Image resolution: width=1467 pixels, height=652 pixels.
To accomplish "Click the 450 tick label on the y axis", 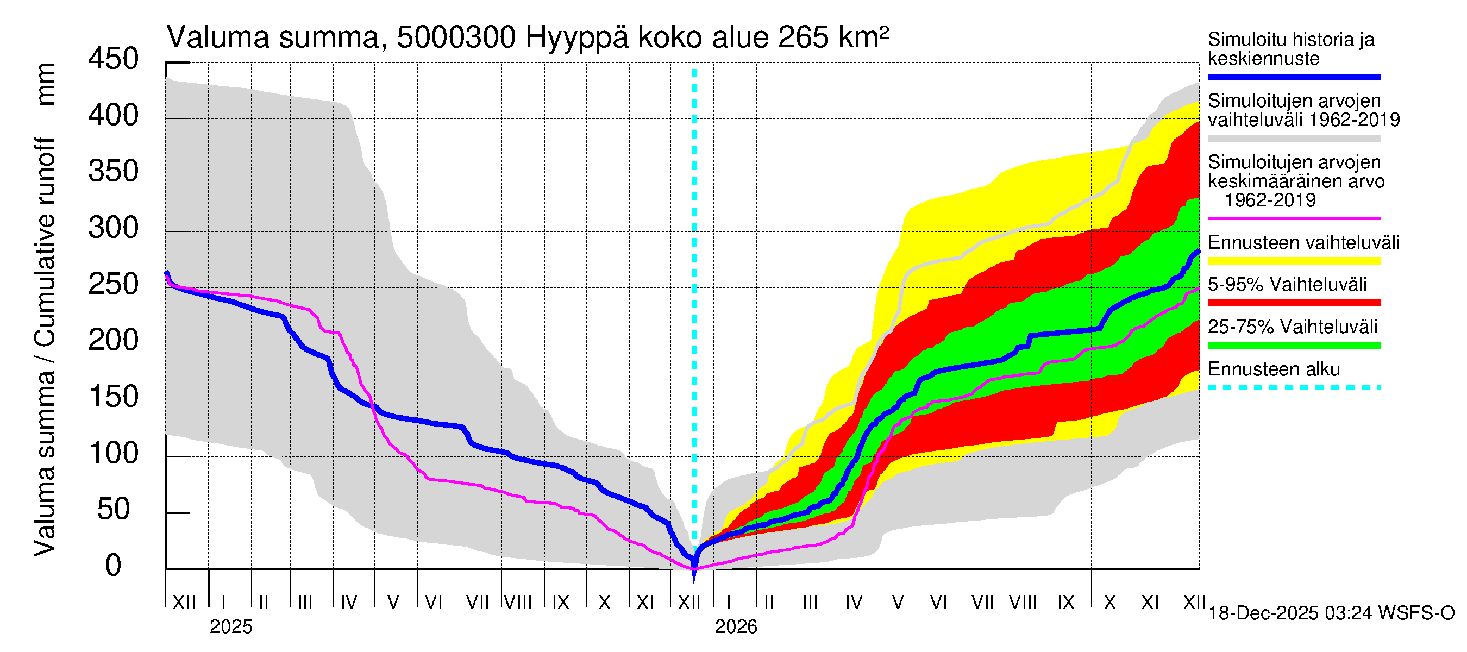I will [x=113, y=59].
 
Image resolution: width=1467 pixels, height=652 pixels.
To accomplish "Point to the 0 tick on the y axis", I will [x=114, y=566].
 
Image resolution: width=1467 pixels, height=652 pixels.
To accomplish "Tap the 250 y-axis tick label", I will [x=113, y=284].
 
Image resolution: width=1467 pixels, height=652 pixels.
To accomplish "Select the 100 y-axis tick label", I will [x=113, y=453].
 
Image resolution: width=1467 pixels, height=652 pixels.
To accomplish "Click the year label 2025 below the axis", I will [x=230, y=627].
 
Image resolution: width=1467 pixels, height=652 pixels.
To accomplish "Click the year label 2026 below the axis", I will [x=736, y=627].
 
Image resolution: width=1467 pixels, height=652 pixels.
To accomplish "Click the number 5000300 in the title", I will [x=456, y=38].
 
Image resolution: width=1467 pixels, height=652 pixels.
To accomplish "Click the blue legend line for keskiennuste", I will [x=1293, y=77].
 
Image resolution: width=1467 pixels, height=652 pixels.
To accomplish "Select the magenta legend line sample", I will [x=1293, y=218].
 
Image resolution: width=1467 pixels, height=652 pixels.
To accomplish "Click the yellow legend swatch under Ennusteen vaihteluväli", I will [x=1293, y=261].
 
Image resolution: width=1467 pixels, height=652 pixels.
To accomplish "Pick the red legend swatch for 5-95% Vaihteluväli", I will [x=1293, y=303].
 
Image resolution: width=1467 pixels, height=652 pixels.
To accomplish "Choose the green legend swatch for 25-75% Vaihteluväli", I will [x=1293, y=345].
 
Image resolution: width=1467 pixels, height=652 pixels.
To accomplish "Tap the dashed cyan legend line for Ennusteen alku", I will [x=1293, y=388].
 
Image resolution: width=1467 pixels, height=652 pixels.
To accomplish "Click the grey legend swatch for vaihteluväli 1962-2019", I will [x=1293, y=139].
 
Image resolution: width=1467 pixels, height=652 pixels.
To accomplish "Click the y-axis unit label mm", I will [x=46, y=84].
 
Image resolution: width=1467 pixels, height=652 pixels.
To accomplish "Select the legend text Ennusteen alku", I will [x=1274, y=369].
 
